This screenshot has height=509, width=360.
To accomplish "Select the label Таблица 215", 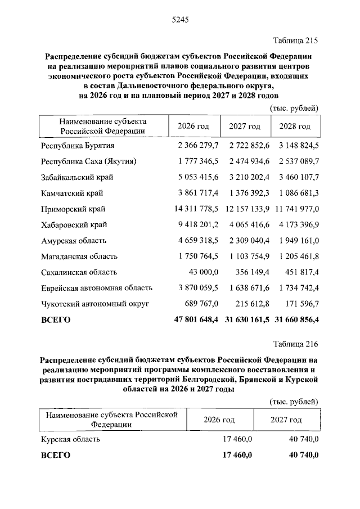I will point(295,40).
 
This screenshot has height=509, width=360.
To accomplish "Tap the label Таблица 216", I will point(295,344).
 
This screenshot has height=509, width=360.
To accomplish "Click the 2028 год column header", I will point(296,127).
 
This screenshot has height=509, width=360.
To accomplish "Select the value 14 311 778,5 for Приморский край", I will point(195,209).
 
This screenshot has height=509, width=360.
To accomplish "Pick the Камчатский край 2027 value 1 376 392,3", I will point(249,193).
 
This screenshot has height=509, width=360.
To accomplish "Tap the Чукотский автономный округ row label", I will point(94,304).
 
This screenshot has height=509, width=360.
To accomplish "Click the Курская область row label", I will point(70,439).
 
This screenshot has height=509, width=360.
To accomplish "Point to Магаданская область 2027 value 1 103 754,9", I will point(249,256).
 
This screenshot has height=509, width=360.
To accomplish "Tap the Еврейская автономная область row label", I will point(97,288).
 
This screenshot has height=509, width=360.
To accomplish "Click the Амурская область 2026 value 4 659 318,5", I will point(197,241).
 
